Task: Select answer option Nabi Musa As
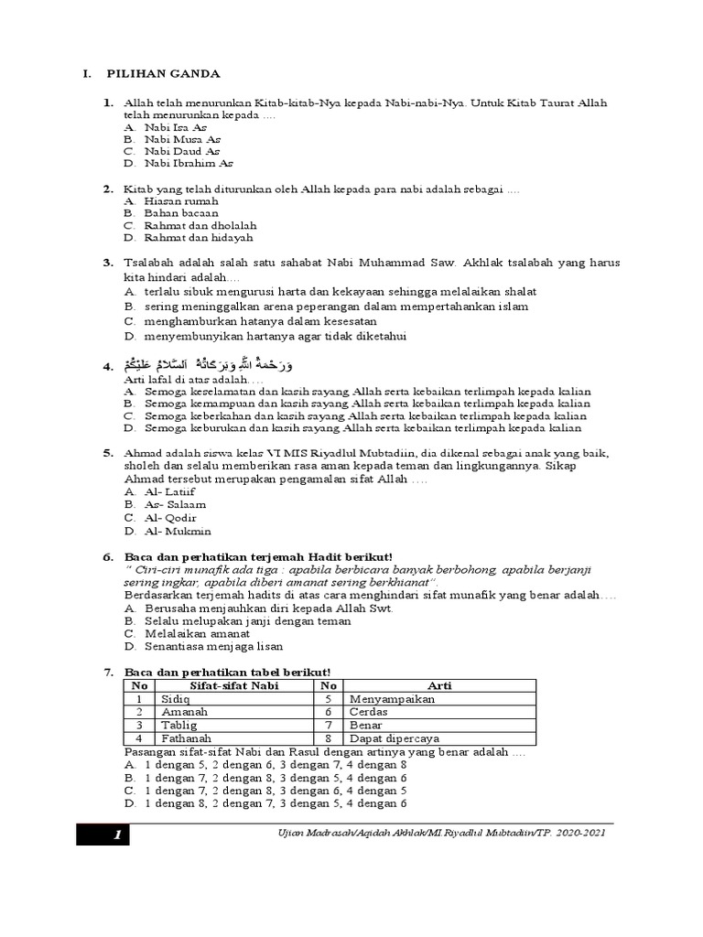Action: [x=181, y=139]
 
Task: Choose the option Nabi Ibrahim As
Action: [x=188, y=164]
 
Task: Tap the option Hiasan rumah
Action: [x=180, y=200]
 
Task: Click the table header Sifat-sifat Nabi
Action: [x=233, y=685]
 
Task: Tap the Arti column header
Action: [x=439, y=685]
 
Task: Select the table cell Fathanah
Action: [x=186, y=738]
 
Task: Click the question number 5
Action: [x=106, y=453]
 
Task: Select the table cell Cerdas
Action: [x=369, y=711]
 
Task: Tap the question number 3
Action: [x=106, y=263]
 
